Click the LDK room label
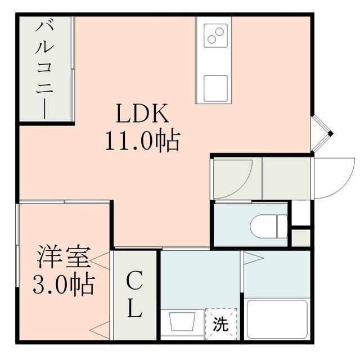142,113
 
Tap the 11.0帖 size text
142,141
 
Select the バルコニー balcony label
45,70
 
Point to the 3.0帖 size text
64,284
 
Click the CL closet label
134,294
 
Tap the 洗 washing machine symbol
221,324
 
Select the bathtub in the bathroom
277,319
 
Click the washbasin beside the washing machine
182,321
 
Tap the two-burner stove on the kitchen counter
216,35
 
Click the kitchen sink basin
215,88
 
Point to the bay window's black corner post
330,134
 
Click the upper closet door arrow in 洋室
100,261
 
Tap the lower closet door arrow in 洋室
100,330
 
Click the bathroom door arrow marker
254,258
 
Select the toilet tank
282,226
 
